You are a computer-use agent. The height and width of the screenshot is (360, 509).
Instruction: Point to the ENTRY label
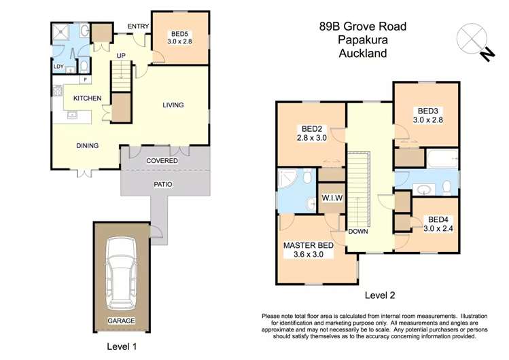138,27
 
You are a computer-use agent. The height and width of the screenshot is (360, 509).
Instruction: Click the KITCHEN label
87,98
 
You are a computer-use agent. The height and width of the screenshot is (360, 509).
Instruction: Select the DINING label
87,145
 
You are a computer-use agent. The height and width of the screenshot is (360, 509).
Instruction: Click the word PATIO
162,183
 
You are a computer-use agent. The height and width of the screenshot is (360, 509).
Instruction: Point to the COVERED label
162,161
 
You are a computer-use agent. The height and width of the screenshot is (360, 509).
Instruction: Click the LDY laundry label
58,66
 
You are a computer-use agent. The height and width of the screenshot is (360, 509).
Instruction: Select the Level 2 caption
380,295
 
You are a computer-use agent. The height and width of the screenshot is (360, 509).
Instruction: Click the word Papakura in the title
363,40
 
